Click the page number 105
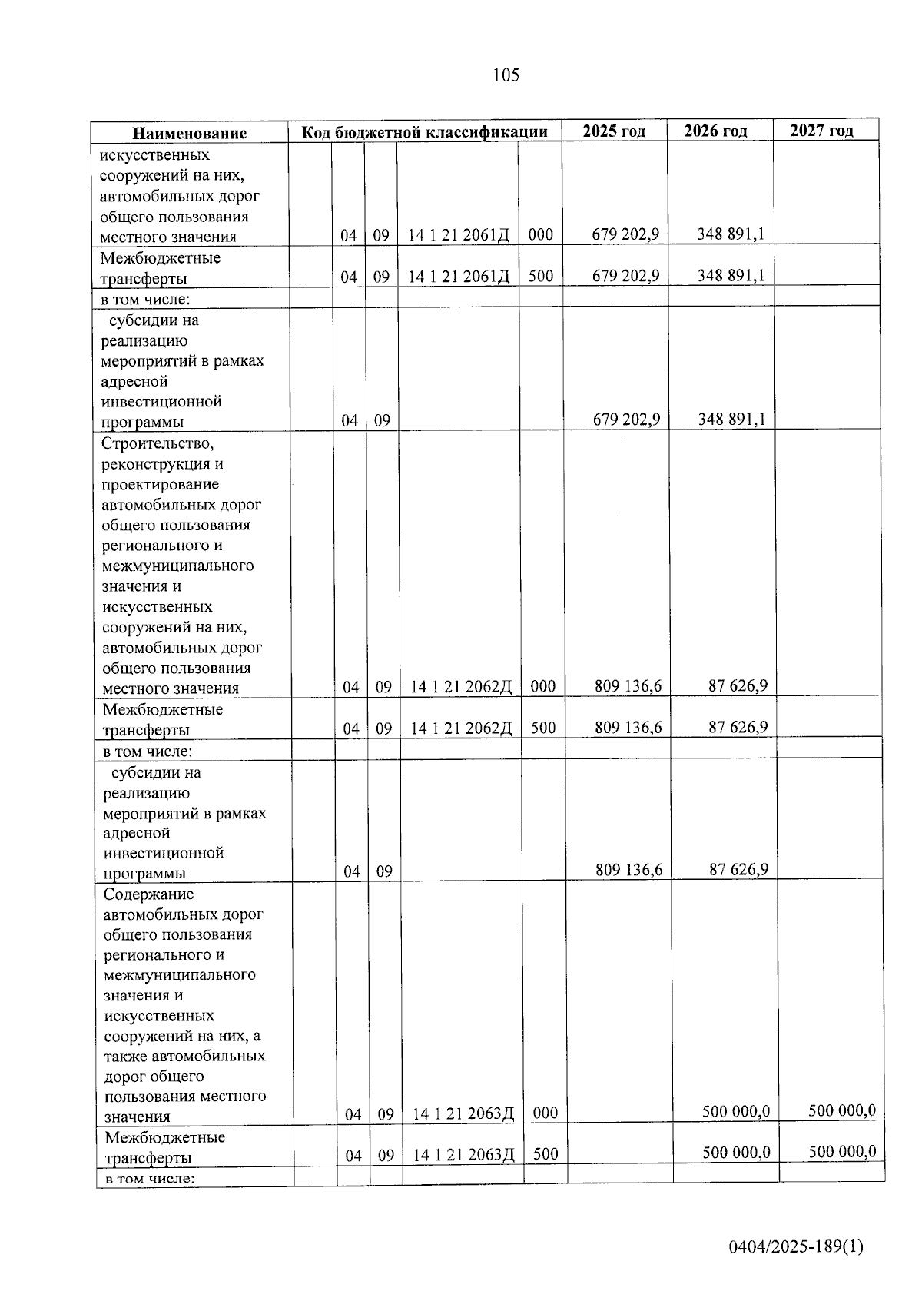[506, 75]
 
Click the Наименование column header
[189, 133]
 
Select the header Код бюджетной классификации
[424, 132]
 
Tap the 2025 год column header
[614, 131]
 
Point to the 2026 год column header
[715, 131]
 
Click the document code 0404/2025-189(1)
[796, 1247]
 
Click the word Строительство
[158, 444]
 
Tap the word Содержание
[148, 894]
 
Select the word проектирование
[160, 485]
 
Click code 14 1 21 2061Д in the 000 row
[459, 235]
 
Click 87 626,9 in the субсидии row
[738, 870]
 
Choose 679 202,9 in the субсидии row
[625, 420]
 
